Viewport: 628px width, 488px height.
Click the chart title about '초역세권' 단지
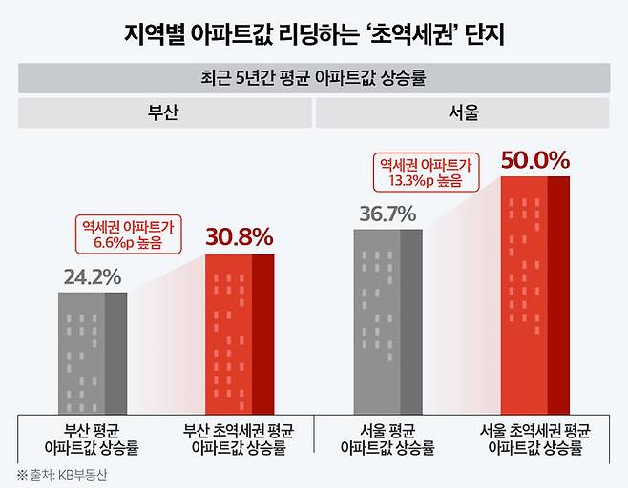coord(313,35)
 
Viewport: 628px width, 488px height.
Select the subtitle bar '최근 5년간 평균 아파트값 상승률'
coord(313,78)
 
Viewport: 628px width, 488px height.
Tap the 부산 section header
coord(164,112)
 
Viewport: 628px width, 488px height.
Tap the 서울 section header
coord(463,112)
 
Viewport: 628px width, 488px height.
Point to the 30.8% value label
coord(240,236)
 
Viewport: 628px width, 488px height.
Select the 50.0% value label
coord(534,160)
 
